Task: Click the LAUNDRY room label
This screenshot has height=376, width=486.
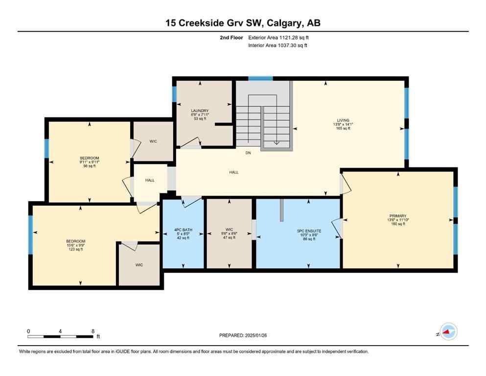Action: [x=200, y=111]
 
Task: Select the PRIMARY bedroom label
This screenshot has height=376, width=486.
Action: [x=398, y=215]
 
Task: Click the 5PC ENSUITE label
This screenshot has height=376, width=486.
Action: [x=309, y=231]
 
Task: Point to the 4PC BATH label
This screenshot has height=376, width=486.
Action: [x=183, y=230]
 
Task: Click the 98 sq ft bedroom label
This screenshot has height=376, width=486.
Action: [x=90, y=158]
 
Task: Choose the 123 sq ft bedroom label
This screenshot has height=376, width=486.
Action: [x=76, y=241]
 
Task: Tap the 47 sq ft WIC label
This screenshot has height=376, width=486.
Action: [x=229, y=229]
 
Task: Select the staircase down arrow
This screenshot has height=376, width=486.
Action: [x=276, y=142]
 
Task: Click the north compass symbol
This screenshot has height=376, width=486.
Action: [x=448, y=331]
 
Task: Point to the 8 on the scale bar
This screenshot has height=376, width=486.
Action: [x=93, y=331]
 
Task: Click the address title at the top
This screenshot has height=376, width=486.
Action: [x=243, y=23]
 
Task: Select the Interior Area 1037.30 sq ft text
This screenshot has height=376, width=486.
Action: [x=278, y=45]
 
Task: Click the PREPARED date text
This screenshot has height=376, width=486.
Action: [x=243, y=335]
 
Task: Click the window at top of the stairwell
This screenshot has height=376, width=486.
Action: [x=260, y=78]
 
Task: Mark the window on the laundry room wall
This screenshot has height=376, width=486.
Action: [x=174, y=94]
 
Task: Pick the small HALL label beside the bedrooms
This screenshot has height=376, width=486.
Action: [x=150, y=180]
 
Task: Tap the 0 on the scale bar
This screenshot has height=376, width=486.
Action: [x=28, y=331]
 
